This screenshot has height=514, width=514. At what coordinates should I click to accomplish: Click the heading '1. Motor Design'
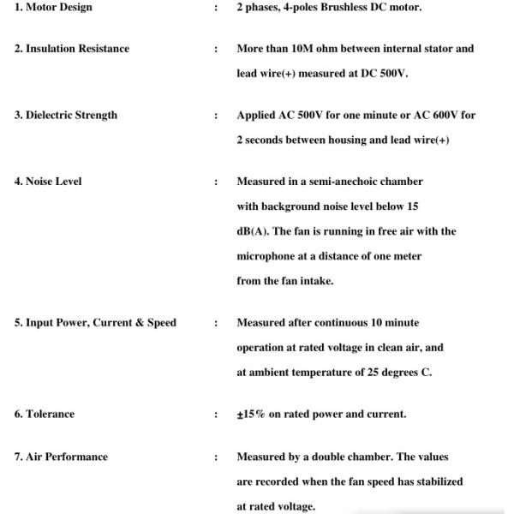(53, 8)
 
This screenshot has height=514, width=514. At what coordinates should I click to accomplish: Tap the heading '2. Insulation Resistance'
(72, 49)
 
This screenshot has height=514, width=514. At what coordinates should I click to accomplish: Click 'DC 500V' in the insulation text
(386, 74)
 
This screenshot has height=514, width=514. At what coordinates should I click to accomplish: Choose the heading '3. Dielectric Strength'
(66, 116)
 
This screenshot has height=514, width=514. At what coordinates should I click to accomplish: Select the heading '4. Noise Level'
(48, 182)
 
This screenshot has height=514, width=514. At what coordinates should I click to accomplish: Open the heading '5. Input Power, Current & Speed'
(95, 323)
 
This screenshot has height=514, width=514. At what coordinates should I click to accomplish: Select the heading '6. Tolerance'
(45, 415)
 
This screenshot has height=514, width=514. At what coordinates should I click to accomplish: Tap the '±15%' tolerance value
(251, 415)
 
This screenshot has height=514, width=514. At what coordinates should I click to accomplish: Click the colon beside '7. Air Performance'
(216, 457)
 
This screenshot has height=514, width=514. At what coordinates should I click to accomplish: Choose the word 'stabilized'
(433, 482)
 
